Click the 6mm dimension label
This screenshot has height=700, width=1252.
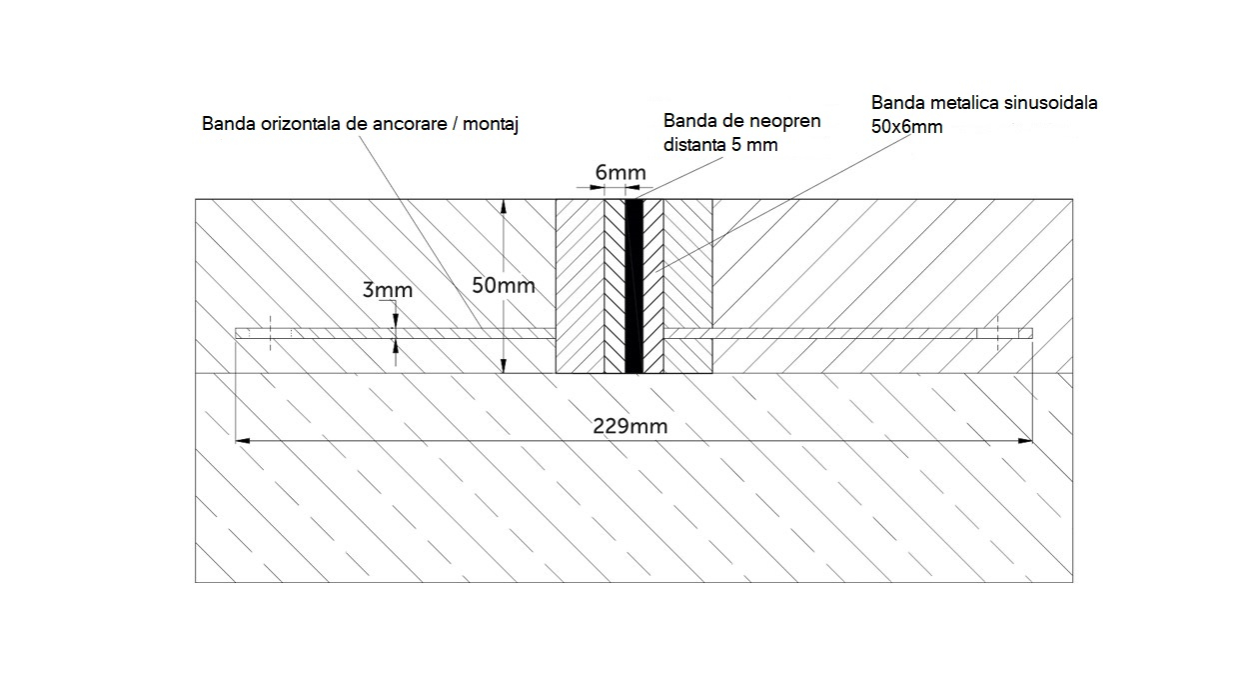[621, 173]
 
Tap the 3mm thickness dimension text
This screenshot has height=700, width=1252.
[387, 291]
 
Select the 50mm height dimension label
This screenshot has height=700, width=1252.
[504, 286]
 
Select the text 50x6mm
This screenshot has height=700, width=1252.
[906, 127]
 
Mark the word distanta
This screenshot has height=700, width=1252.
[698, 146]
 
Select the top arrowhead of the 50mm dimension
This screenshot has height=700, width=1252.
[505, 206]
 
